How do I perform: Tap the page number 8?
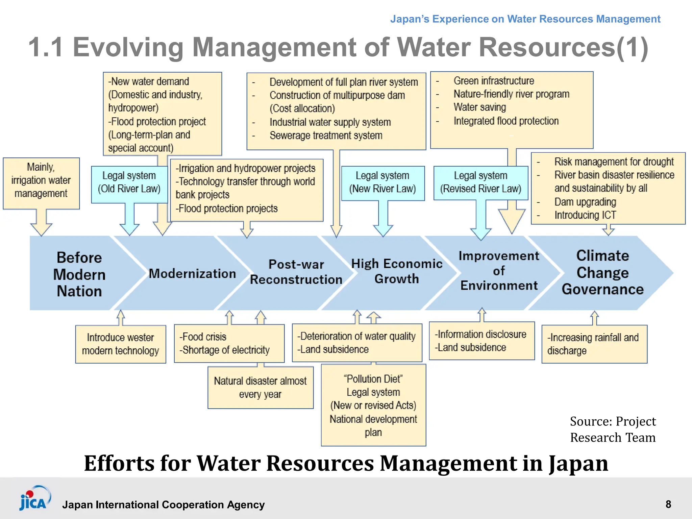pyautogui.click(x=668, y=504)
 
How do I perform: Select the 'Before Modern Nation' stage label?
pyautogui.click(x=79, y=274)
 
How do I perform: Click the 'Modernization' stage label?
pyautogui.click(x=192, y=273)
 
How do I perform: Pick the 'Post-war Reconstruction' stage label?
pyautogui.click(x=296, y=272)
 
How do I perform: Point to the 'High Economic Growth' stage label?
pyautogui.click(x=397, y=271)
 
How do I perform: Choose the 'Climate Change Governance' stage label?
pyautogui.click(x=602, y=272)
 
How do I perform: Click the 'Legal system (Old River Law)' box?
pyautogui.click(x=129, y=182)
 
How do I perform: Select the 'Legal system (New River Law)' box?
pyautogui.click(x=382, y=182)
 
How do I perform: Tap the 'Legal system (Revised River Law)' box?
pyautogui.click(x=480, y=182)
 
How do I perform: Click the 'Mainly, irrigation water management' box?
pyautogui.click(x=41, y=180)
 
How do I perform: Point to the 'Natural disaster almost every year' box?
pyautogui.click(x=260, y=387)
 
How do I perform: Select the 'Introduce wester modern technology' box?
pyautogui.click(x=120, y=344)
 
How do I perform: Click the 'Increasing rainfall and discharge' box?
pyautogui.click(x=594, y=344)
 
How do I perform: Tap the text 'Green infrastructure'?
pyautogui.click(x=494, y=81)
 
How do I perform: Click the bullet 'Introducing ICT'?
pyautogui.click(x=585, y=215)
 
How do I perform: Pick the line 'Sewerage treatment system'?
pyautogui.click(x=326, y=135)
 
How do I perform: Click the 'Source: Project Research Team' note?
pyautogui.click(x=613, y=429)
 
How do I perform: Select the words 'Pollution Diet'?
pyautogui.click(x=373, y=379)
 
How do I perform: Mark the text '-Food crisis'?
pyautogui.click(x=203, y=337)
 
